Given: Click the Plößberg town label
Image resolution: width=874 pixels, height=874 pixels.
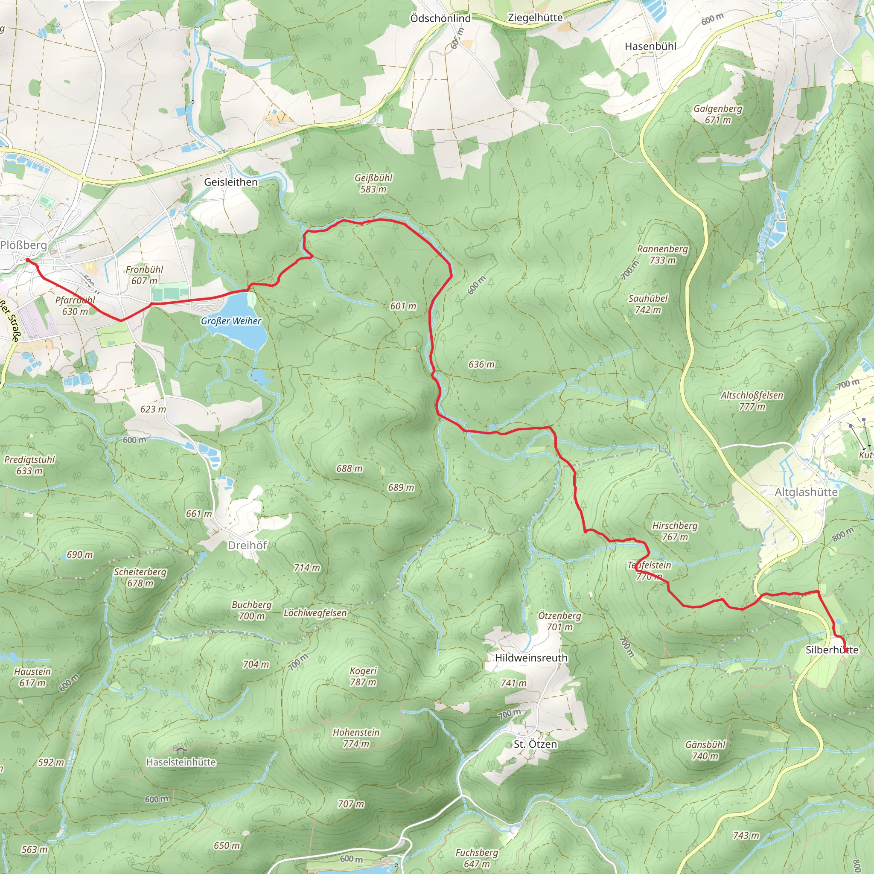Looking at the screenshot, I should pos(23,245).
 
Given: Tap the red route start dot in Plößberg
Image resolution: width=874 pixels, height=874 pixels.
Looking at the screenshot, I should pos(28,260).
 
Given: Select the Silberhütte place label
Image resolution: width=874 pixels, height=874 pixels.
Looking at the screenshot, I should pos(831,650).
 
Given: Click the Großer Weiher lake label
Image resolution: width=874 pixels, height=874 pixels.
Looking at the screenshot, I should pos(231,321).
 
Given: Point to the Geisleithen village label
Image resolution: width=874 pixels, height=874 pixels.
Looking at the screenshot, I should pos(231,182).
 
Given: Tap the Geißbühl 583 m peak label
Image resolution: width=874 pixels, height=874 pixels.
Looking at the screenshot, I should pos(373,183).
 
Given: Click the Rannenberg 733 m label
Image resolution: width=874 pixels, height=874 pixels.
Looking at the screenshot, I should pos(662,254).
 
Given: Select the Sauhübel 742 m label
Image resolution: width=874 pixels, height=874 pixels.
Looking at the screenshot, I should pos(647,304).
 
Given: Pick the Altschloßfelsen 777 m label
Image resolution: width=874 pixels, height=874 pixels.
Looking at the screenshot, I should pos(752,401).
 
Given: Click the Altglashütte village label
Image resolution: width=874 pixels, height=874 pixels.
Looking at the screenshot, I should pos(806,492).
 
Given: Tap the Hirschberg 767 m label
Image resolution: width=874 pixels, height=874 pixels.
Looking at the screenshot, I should pos(675,531).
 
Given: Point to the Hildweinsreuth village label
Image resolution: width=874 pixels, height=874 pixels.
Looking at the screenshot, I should pos(531,658).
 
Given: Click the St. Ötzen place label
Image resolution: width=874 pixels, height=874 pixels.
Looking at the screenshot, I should pos(535,744).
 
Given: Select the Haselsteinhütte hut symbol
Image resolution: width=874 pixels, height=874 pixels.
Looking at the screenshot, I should pos(180,751).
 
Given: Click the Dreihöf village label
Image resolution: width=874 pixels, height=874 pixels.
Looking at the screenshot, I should pos(247,545).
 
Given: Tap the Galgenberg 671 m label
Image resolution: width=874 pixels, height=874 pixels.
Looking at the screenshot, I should pos(718,114).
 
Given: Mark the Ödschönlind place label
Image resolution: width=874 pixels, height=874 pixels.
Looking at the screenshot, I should pos(440,18).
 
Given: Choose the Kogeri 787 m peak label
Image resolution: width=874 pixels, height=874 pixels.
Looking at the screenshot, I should pos(363,676).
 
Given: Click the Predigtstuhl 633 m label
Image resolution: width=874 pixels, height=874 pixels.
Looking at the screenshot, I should pos(29,465).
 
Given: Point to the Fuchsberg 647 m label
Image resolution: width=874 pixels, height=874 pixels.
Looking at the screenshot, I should pos(476,858).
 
